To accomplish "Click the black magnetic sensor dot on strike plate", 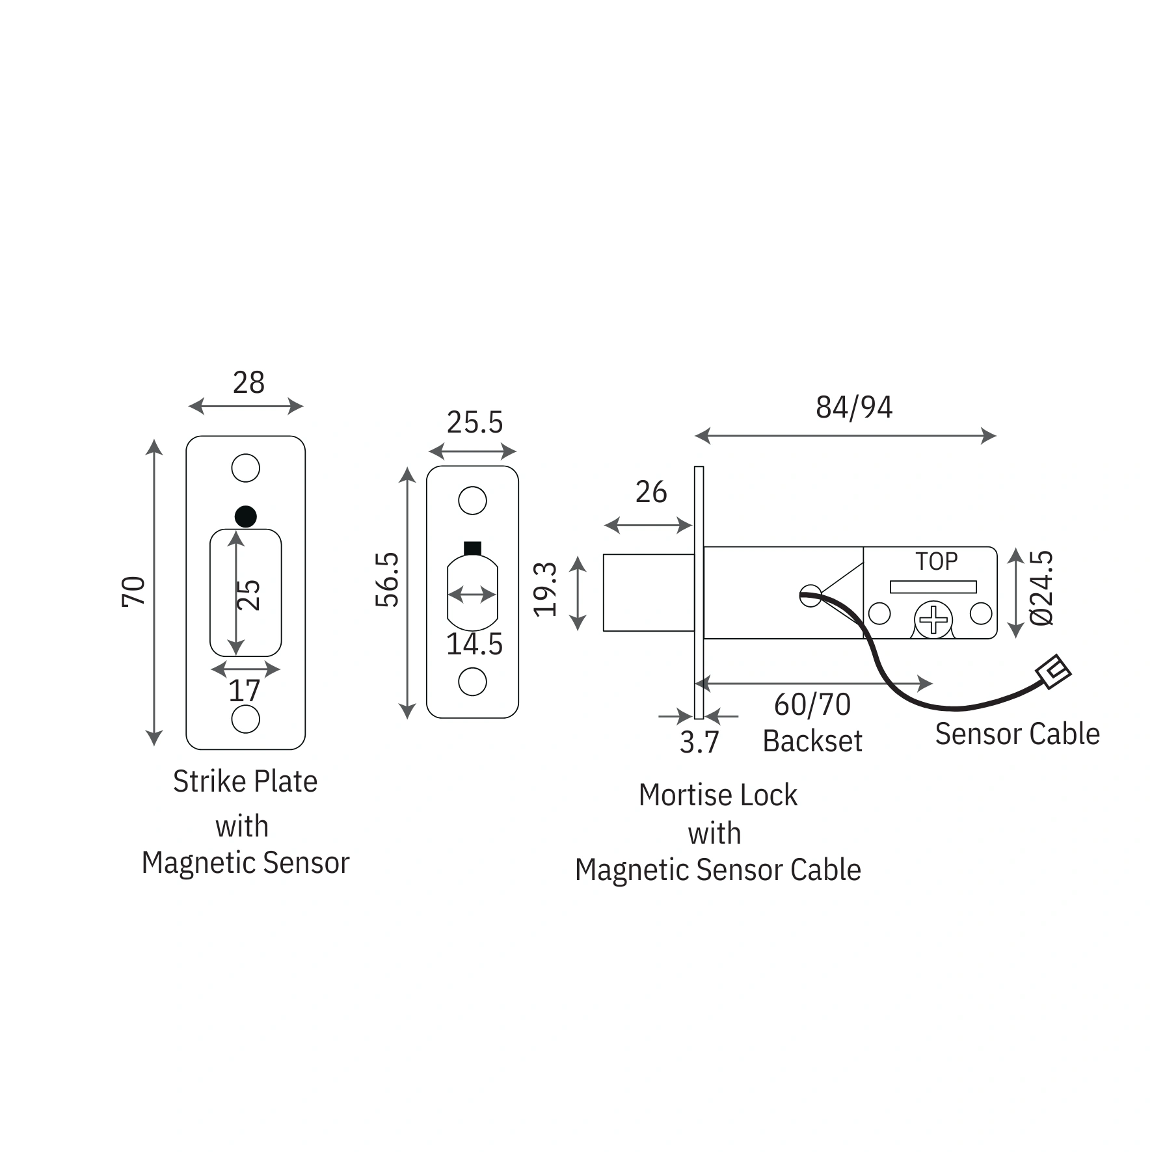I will [245, 516].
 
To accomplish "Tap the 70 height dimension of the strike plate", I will [133, 591].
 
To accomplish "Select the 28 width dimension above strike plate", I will [248, 382].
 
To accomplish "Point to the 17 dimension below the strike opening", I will [244, 691].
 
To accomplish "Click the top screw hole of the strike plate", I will [245, 468].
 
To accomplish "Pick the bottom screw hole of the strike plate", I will [245, 719].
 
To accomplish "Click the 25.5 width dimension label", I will [474, 423].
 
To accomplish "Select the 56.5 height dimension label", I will [388, 580].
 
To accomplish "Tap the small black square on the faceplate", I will [472, 548].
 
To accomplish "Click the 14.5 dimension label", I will [474, 645].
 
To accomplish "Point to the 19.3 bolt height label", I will [546, 589].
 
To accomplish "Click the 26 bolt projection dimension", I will [650, 492].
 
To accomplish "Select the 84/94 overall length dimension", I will [853, 407].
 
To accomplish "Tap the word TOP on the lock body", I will [936, 561].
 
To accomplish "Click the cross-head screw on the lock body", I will [933, 619].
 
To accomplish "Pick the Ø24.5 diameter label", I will [1041, 587].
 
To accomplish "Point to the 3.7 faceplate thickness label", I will [699, 742].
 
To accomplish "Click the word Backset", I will [812, 742].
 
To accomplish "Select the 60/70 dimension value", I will [812, 704].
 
